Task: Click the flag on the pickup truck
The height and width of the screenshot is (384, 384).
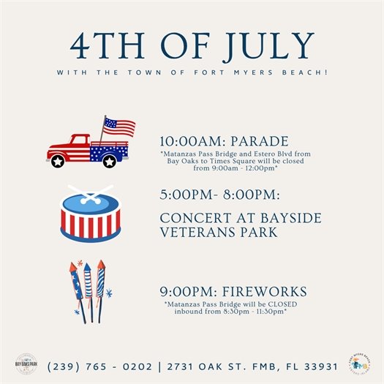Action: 119,127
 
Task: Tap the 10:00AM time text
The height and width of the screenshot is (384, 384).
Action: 186,141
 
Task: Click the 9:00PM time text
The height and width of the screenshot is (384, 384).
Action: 181,290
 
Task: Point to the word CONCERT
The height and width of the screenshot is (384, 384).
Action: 192,219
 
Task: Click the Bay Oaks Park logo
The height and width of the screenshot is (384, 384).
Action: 26,364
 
